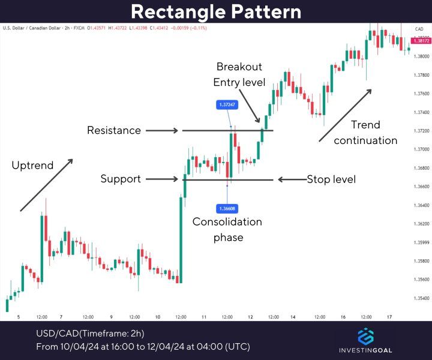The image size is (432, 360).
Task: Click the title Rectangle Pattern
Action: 216,11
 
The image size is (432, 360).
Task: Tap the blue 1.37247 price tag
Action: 227,104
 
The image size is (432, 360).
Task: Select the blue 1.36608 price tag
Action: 227,208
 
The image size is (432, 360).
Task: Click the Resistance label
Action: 114,130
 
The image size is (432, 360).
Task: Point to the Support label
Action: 121,179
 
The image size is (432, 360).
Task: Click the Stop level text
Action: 331,179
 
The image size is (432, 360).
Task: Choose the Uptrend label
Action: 32,165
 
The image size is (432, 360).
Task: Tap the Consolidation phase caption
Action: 227,229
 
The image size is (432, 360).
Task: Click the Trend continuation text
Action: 365,133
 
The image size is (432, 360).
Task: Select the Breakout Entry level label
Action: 239,74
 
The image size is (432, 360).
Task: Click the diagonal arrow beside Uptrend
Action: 47,185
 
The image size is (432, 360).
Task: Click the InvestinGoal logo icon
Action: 365,337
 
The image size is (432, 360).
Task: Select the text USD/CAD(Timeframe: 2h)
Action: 90,334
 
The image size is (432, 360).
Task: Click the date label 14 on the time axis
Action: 293,317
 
